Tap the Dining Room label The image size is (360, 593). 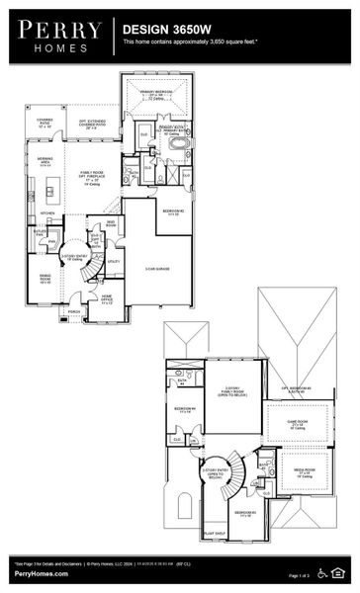click(x=45, y=277)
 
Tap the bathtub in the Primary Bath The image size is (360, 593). click(x=179, y=142)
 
